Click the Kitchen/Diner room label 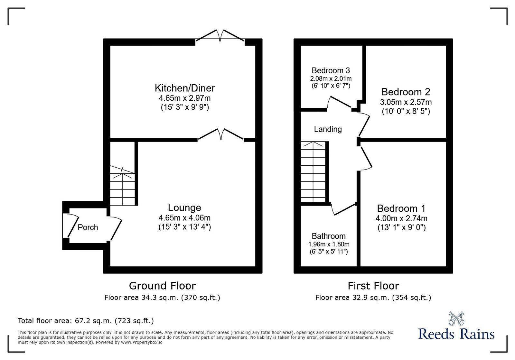184,88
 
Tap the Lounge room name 184,208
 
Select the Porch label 88,227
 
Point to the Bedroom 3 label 331,70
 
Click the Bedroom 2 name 406,92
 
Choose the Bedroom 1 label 401,208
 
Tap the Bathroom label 329,236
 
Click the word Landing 328,129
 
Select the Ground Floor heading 162,286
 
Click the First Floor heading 373,286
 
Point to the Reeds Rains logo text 456,334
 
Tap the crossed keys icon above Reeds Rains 456,318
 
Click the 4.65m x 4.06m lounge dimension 184,218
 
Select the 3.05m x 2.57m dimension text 406,102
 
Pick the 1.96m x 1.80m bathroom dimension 329,244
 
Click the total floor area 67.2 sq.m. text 86,321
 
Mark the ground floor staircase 122,187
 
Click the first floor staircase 313,172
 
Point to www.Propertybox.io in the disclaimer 142,342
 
